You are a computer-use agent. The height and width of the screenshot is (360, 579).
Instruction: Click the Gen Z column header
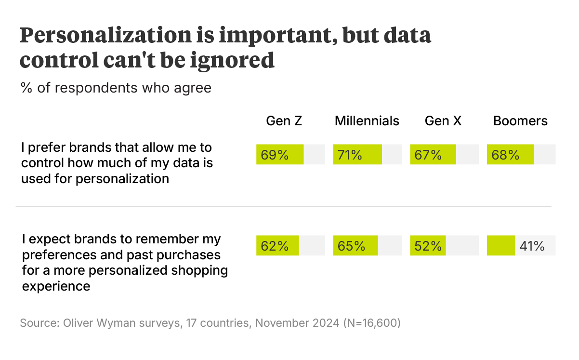284,121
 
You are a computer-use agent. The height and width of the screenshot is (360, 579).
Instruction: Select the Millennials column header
367,121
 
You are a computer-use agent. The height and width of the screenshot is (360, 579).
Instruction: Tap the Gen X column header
443,121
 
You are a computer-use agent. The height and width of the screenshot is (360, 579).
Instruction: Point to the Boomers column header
520,121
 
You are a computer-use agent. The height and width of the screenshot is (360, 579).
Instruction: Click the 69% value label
275,155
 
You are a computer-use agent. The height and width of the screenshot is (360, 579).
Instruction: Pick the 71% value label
350,155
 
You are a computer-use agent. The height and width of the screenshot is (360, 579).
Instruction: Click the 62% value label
275,246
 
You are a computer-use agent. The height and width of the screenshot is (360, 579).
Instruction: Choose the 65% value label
351,246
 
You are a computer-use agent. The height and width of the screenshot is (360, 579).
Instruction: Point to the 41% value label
532,246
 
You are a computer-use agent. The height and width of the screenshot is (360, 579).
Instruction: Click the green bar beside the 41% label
500,246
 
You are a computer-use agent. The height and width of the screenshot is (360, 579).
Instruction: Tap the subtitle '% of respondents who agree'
116,88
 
